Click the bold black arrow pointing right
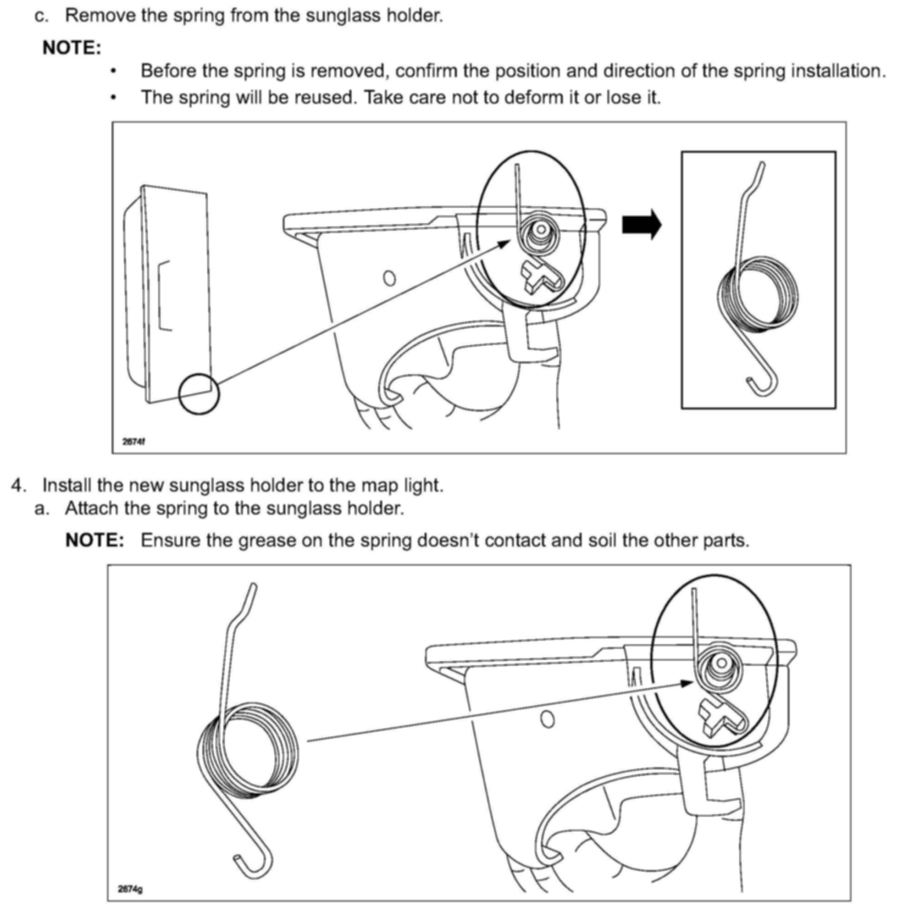click(641, 225)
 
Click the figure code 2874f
click(133, 442)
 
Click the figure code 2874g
click(130, 889)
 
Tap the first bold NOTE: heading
click(72, 48)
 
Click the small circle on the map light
click(199, 394)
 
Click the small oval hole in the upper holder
click(389, 278)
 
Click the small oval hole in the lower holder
click(547, 719)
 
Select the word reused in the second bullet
click(321, 98)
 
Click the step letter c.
click(42, 16)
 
